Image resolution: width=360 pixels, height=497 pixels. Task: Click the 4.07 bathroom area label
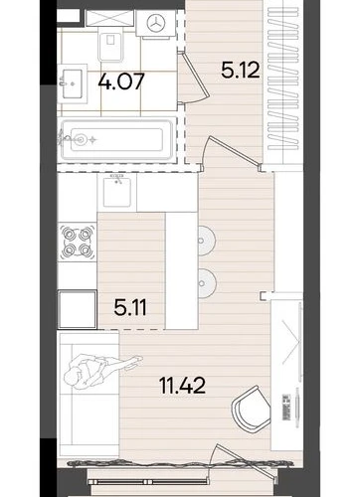tap(121, 82)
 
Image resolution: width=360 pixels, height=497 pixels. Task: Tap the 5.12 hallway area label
tap(241, 70)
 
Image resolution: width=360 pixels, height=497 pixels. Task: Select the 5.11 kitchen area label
tap(130, 307)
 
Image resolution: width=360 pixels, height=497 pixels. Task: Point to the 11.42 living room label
tap(182, 386)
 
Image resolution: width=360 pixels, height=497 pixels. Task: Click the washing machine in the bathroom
tap(155, 24)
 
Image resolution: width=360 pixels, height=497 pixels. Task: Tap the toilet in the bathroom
tap(110, 44)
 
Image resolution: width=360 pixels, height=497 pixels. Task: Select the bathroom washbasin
tap(72, 83)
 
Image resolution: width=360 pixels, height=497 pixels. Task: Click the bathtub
tap(116, 140)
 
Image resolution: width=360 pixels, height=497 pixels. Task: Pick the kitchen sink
tap(116, 192)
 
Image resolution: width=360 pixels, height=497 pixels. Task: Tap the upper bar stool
tap(207, 241)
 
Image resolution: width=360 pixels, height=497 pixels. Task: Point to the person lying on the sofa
tap(99, 371)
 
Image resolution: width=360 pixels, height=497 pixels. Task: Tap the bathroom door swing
tap(194, 78)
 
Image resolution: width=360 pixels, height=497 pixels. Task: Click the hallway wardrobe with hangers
tap(283, 83)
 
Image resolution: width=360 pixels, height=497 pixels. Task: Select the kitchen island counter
tap(182, 271)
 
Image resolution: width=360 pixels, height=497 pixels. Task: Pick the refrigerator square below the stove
tap(78, 309)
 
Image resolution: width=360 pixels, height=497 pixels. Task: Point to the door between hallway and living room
tap(232, 152)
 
